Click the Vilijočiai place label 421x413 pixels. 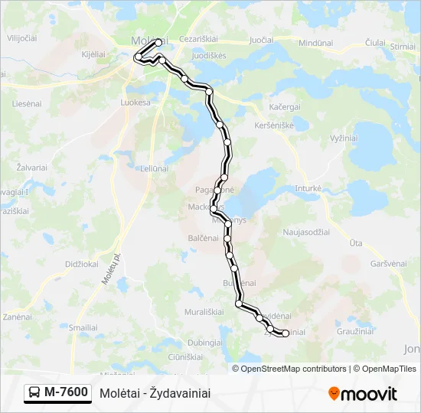coord(21,37)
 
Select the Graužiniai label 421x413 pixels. coord(355,332)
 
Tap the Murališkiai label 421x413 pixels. coord(204,312)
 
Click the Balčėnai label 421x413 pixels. coord(204,238)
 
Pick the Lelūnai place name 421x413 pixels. coord(143,167)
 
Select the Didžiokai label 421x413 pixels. coord(82,264)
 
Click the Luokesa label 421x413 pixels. coord(135,101)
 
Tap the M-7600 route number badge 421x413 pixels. coord(57,392)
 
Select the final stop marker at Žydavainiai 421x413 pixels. coord(285,333)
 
